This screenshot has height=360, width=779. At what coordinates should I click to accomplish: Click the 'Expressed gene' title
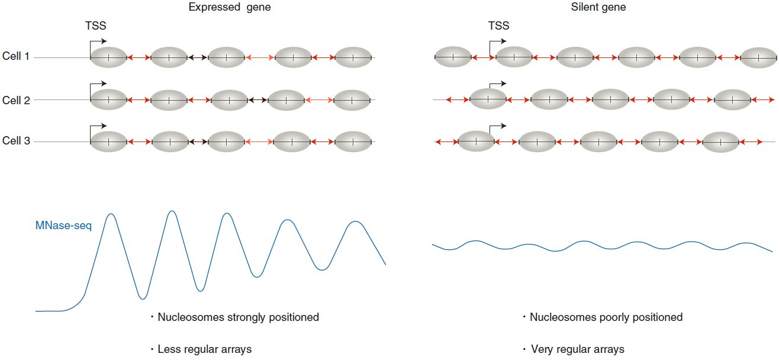(x=230, y=7)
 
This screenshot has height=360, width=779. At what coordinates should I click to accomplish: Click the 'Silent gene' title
(x=598, y=7)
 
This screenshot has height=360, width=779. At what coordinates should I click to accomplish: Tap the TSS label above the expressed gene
(x=96, y=25)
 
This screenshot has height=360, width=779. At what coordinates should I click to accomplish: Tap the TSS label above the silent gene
(x=498, y=25)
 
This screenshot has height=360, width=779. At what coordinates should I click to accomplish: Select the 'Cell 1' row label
(x=15, y=56)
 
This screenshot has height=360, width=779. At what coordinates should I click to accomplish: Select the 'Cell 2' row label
(x=16, y=100)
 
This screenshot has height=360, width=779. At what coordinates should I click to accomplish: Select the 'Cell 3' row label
(x=16, y=140)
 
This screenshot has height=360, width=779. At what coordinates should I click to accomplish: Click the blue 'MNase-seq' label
(x=64, y=226)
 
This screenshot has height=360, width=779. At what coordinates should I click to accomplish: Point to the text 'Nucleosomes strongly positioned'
(x=238, y=317)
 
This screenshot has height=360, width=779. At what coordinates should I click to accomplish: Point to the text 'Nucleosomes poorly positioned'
(x=606, y=317)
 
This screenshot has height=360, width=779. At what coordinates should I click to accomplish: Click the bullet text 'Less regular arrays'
(x=204, y=349)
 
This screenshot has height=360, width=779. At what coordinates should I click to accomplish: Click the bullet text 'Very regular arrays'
(x=578, y=349)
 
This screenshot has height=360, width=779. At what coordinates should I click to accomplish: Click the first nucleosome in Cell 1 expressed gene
(x=108, y=57)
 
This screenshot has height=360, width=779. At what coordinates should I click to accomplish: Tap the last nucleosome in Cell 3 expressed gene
(x=353, y=142)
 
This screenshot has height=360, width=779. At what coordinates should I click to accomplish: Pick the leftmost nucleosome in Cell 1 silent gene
(x=453, y=57)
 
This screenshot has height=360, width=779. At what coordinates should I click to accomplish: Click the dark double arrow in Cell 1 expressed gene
(x=198, y=57)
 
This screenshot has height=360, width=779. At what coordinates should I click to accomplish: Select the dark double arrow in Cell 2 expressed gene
(x=257, y=100)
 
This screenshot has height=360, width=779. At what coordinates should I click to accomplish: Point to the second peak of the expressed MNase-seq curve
(x=172, y=211)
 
